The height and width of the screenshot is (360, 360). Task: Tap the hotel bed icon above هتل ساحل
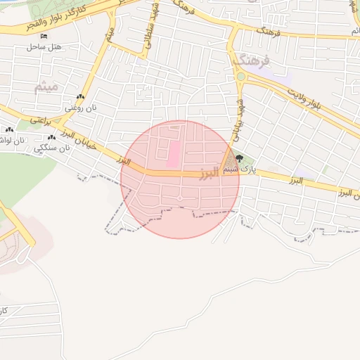pyautogui.click(x=44, y=37)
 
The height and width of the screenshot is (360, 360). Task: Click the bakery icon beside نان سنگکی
pyautogui.click(x=51, y=138)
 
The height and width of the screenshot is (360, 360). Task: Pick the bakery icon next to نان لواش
pyautogui.click(x=9, y=130)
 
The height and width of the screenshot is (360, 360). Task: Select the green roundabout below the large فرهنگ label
pyautogui.click(x=241, y=77)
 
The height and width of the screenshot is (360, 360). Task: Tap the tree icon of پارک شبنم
pyautogui.click(x=239, y=159)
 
